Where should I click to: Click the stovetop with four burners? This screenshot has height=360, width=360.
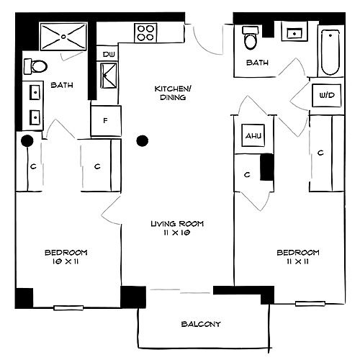tap(145, 33)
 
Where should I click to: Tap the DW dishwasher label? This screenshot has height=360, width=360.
tap(109, 55)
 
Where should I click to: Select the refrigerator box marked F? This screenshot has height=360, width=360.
tap(106, 121)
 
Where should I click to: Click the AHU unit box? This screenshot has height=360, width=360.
tap(253, 135)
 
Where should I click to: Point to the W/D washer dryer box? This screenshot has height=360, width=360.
tap(327, 95)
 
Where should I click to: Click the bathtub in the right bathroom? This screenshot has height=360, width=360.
tap(330, 53)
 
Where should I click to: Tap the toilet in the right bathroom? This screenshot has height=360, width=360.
tap(251, 38)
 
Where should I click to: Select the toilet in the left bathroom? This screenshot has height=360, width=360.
tap(35, 66)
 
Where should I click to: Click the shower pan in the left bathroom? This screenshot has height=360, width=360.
tap(63, 37)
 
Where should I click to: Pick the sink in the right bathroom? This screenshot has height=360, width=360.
tap(294, 33)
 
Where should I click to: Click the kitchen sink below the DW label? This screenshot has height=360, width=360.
tap(109, 76)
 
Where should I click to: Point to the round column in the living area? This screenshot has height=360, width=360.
tap(143, 140)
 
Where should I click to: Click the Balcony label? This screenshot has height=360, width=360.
tap(201, 324)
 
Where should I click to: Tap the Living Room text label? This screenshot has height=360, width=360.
tap(177, 224)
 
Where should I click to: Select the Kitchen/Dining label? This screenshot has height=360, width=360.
tap(173, 93)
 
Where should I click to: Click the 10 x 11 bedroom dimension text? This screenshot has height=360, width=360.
tap(66, 261)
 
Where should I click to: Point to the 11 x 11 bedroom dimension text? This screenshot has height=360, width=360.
tap(298, 261)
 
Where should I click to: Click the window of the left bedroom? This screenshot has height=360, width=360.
tap(68, 307)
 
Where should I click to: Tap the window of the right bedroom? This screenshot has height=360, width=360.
tap(310, 304)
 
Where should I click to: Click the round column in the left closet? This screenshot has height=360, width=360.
tap(27, 141)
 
